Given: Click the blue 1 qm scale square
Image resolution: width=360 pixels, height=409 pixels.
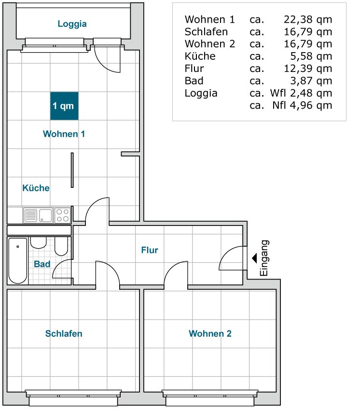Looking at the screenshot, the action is (x=64, y=106).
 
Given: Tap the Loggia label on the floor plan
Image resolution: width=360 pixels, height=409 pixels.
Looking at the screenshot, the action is (x=72, y=24).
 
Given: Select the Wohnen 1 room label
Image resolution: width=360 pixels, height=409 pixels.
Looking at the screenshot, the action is (x=64, y=134).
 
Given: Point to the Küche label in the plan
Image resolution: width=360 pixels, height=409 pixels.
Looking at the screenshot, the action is (x=36, y=188).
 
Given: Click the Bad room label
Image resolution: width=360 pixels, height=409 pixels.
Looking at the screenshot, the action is (x=42, y=264).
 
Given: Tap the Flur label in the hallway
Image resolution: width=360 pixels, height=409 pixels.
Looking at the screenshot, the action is (x=150, y=250).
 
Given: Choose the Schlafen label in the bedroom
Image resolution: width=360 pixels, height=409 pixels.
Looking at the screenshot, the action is (x=64, y=333).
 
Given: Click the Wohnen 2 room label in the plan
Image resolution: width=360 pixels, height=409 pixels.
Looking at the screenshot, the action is (x=210, y=333).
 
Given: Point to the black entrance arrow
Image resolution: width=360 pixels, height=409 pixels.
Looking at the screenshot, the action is (x=254, y=258).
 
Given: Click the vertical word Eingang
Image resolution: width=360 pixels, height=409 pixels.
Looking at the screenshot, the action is (x=264, y=258).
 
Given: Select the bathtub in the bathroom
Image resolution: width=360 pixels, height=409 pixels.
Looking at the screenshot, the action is (x=18, y=261).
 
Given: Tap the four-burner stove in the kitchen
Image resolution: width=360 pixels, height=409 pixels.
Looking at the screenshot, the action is (x=63, y=215).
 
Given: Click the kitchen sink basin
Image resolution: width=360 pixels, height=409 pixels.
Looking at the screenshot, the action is (x=46, y=215).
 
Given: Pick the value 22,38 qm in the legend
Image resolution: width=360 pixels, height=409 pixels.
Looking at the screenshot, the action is (x=308, y=20).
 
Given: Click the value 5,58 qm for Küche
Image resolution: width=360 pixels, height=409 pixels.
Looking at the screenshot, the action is (x=311, y=56).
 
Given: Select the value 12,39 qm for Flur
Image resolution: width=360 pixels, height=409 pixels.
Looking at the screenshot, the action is (x=308, y=69).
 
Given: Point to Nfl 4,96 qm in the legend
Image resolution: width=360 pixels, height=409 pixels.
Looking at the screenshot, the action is (x=302, y=105).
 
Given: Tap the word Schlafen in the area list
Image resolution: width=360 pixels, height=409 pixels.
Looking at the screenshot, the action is (x=206, y=32).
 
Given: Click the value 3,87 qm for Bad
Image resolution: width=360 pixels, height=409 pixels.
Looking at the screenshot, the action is (x=311, y=81).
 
